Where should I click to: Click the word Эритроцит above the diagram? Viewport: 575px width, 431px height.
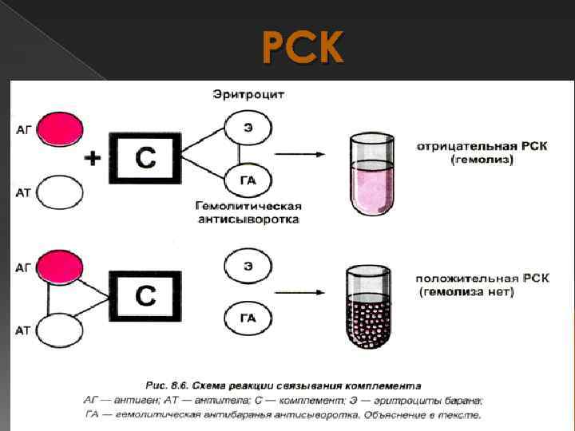click(248, 95)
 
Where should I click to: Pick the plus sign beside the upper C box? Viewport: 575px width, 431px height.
click(93, 159)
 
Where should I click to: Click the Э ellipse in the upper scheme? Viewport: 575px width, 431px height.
click(248, 126)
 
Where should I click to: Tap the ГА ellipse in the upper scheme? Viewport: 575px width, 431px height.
click(248, 180)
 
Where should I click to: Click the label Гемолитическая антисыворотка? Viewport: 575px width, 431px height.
click(248, 212)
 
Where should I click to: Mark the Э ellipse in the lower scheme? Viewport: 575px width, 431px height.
click(248, 266)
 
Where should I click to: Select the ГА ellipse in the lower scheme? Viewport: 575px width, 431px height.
click(248, 318)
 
